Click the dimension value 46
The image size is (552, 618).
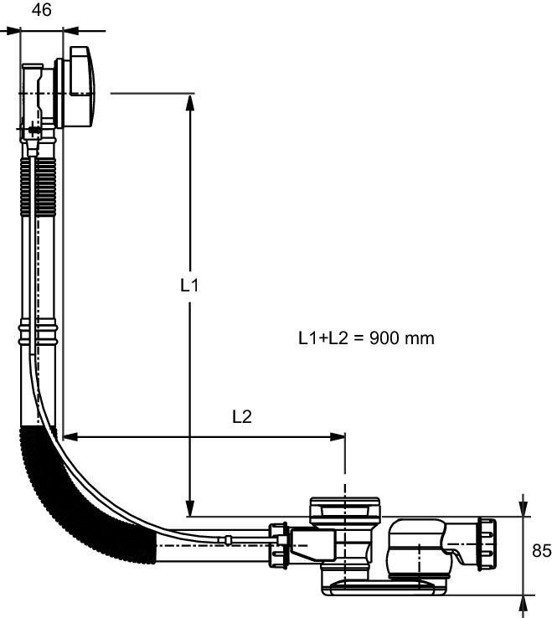pos(41,10)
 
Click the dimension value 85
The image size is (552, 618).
pos(541,551)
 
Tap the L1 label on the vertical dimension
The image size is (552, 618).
pos(189,285)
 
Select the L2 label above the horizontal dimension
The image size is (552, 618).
pos(242,416)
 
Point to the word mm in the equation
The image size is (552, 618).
pos(420,339)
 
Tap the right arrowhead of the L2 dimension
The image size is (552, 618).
pos(338,436)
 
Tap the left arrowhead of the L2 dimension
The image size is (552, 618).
pos(71,436)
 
